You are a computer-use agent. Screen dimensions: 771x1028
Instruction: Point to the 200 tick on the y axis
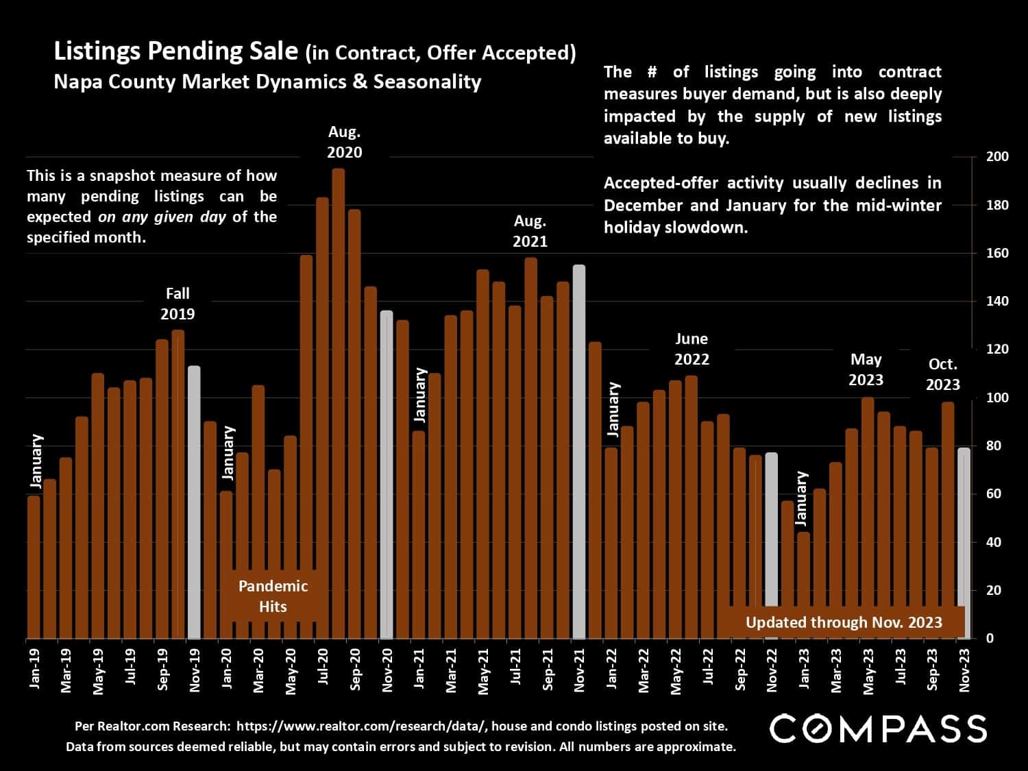(x=997, y=157)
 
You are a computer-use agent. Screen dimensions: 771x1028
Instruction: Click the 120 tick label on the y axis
(x=997, y=350)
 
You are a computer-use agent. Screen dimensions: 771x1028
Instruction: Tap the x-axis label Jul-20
(x=323, y=668)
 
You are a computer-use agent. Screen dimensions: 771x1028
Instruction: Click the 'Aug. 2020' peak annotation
(x=344, y=142)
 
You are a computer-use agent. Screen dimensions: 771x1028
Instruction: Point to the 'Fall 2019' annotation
(x=178, y=304)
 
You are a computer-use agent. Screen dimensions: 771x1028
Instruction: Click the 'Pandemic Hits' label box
(x=273, y=596)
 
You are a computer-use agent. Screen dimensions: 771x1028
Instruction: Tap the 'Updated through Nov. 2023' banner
(x=844, y=622)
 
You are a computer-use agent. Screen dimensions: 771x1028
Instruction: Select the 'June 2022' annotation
(x=692, y=349)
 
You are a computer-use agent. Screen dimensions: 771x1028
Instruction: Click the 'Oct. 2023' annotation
(x=943, y=374)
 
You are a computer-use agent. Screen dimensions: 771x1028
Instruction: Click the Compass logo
(x=878, y=729)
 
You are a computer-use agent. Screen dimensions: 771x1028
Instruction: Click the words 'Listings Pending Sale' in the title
(x=176, y=51)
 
